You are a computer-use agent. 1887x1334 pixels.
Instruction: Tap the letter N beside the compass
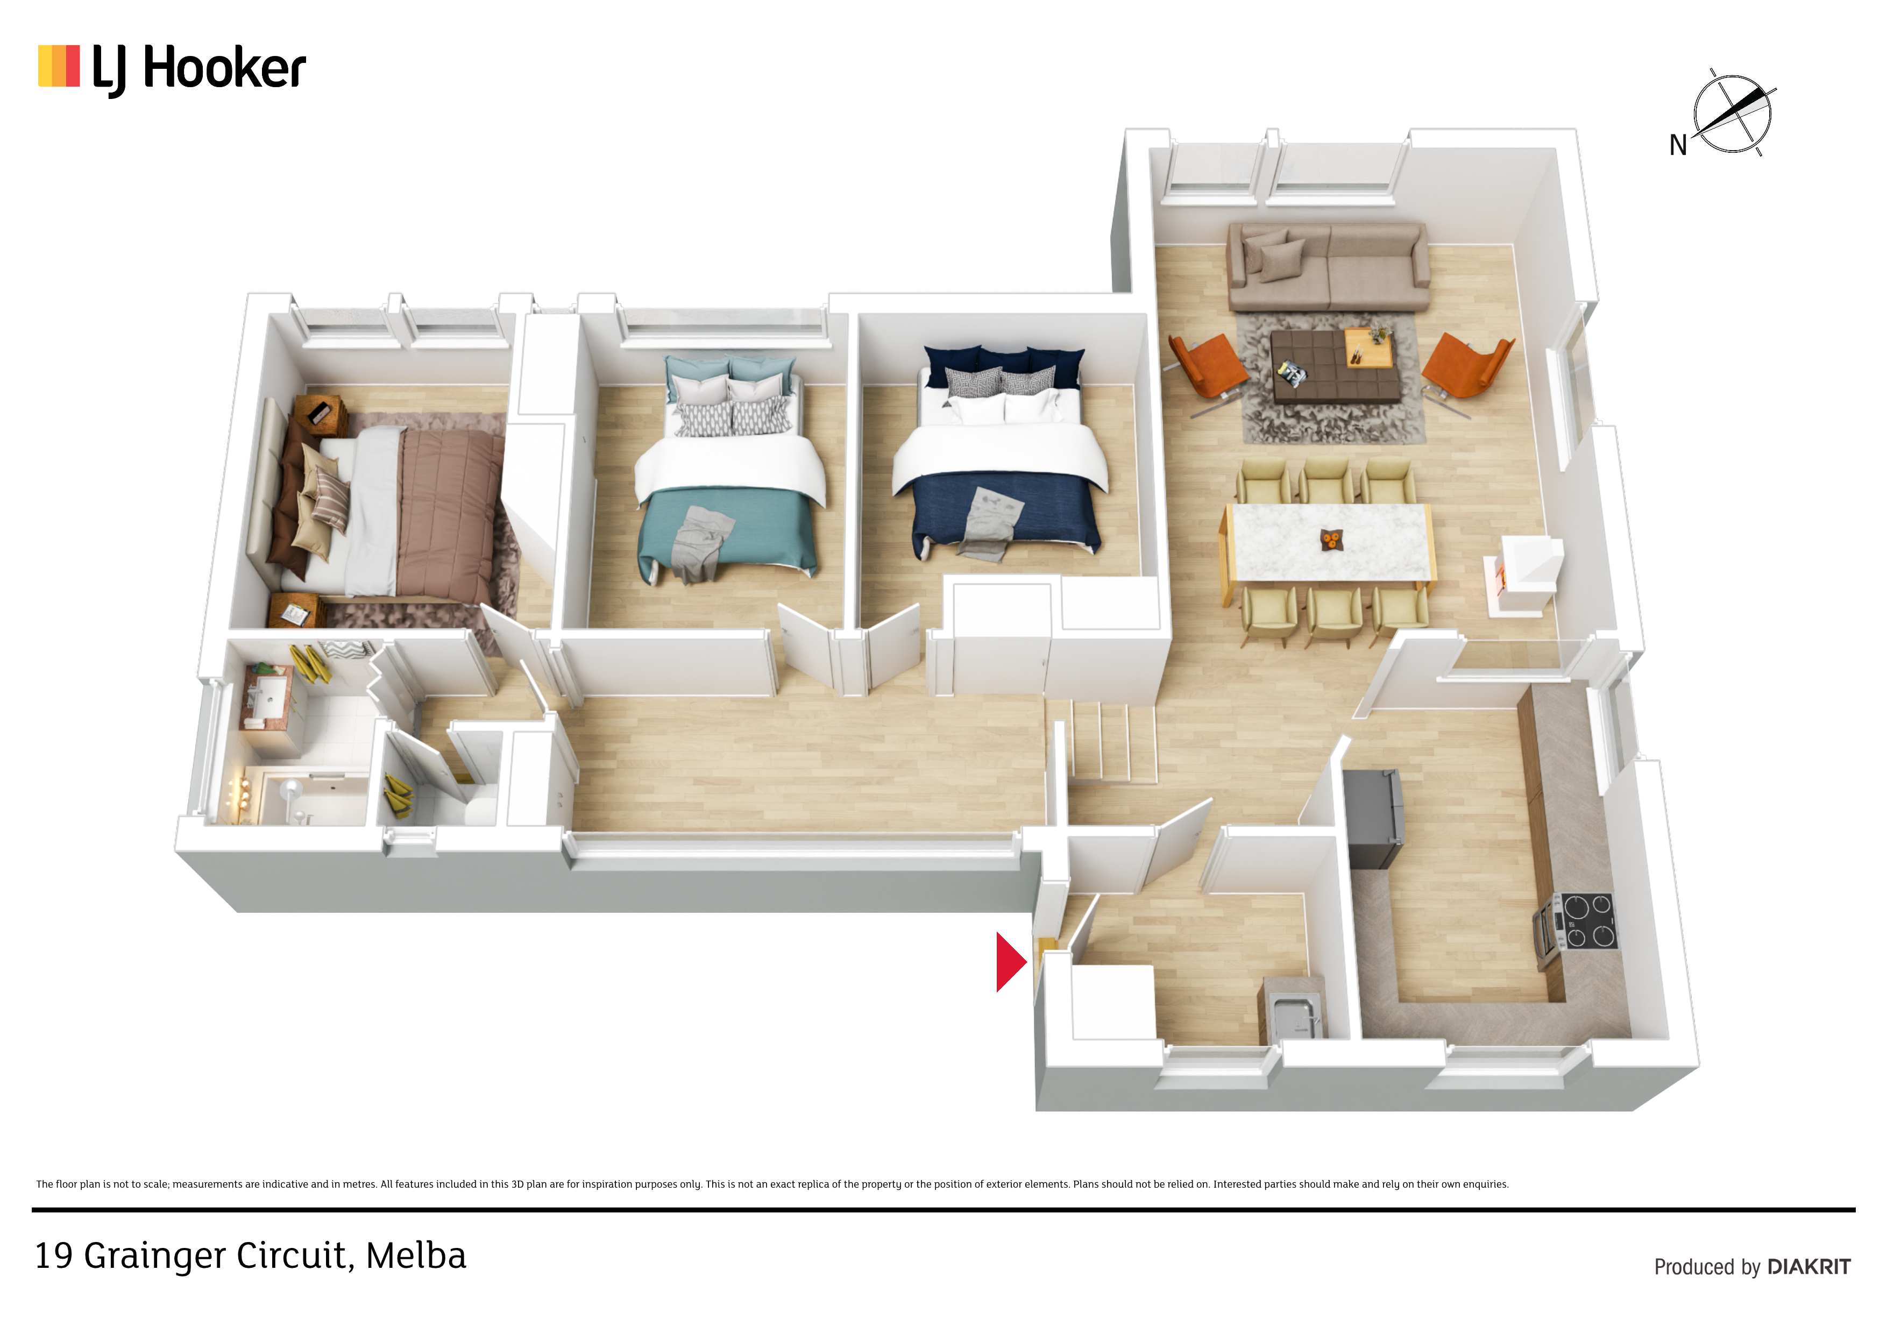[x=1677, y=145]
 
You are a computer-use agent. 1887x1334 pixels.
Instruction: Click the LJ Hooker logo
[x=172, y=69]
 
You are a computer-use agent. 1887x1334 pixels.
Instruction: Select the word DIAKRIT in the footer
[x=1809, y=1267]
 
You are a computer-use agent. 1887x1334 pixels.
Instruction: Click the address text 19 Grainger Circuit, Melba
[x=251, y=1256]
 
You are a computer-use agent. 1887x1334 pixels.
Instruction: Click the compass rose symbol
[x=1733, y=113]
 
